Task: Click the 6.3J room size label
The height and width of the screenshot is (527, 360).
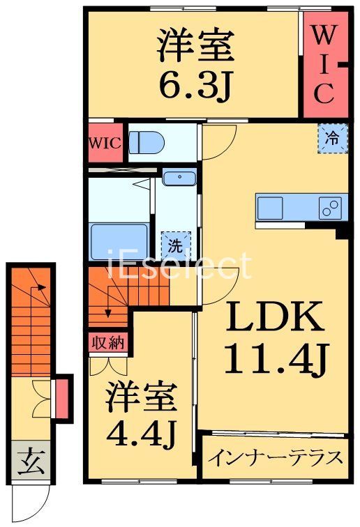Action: pyautogui.click(x=194, y=84)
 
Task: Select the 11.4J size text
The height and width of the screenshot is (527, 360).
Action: pyautogui.click(x=275, y=360)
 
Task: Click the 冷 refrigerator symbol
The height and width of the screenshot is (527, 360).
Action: pyautogui.click(x=333, y=137)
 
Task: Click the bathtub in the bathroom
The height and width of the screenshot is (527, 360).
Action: pyautogui.click(x=119, y=241)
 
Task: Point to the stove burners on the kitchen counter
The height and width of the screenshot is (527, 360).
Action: pyautogui.click(x=331, y=206)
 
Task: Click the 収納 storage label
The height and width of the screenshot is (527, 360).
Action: pyautogui.click(x=107, y=342)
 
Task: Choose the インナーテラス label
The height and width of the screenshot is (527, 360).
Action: pyautogui.click(x=276, y=458)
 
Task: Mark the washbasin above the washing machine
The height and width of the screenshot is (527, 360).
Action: pyautogui.click(x=179, y=178)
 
